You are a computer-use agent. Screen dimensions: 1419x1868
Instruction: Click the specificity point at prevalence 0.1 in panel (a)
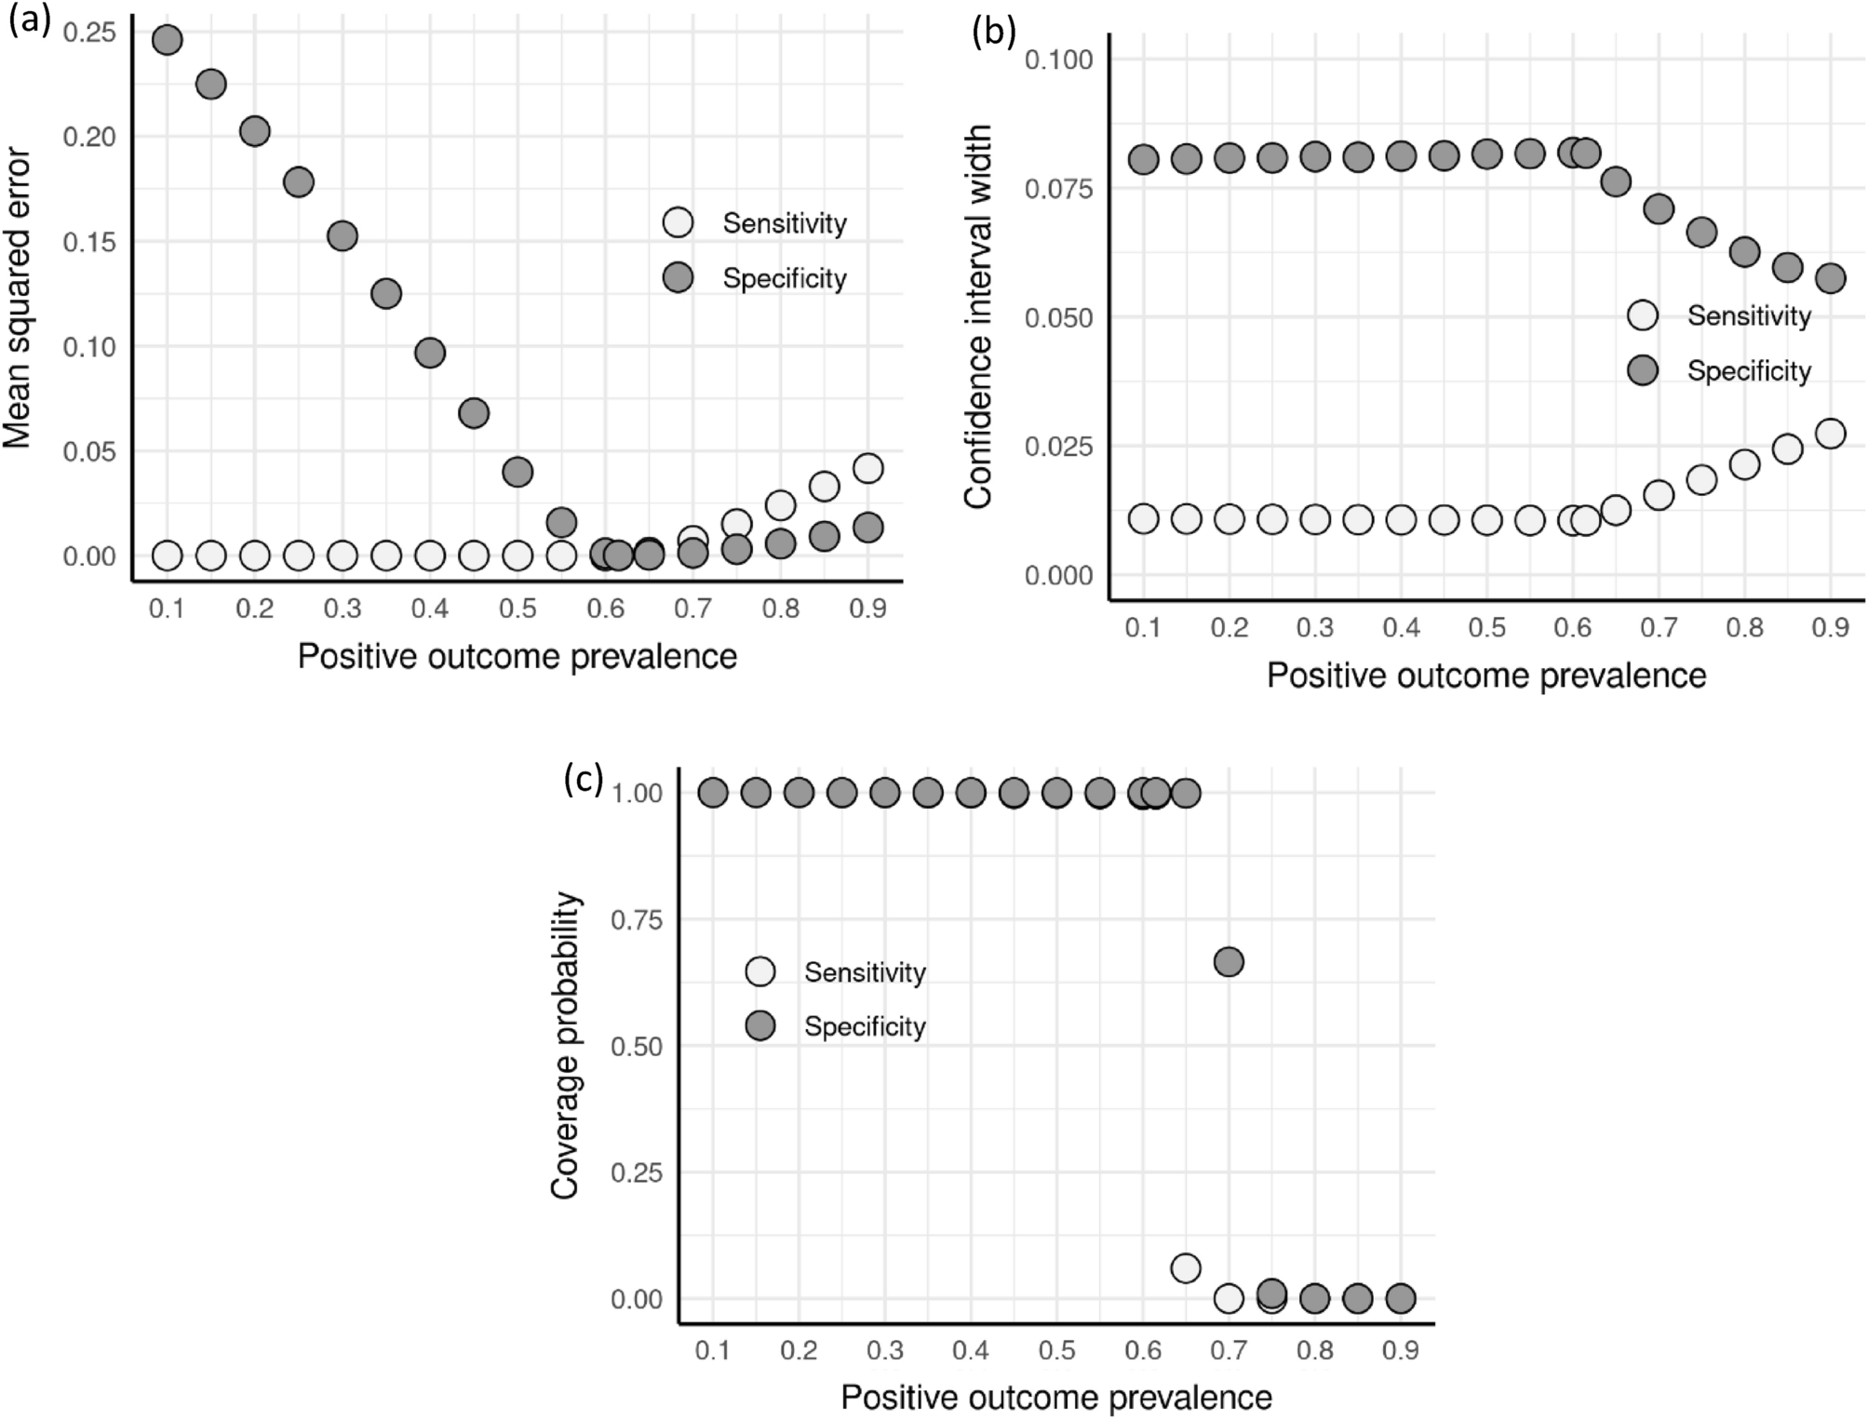167,40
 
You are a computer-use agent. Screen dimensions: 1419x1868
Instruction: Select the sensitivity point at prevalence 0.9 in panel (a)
867,468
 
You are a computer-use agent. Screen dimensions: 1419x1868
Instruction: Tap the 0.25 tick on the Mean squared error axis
89,33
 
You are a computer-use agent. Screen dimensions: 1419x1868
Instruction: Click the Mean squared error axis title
18,299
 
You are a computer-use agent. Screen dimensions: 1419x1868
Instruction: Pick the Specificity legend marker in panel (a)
678,277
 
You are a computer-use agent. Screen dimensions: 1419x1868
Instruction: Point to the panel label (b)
993,33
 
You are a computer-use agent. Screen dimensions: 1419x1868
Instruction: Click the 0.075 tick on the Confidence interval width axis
1058,189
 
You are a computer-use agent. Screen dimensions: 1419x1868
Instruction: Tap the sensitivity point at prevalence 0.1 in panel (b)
1143,519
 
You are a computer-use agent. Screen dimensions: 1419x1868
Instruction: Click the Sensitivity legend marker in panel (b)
1643,315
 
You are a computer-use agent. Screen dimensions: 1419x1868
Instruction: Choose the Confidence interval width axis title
977,317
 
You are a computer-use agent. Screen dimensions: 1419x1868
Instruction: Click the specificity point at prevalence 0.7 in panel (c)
1229,961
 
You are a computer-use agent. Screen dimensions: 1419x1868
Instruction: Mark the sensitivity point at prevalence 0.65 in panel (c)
1185,1267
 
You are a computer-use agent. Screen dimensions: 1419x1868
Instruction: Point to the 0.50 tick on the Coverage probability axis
637,1047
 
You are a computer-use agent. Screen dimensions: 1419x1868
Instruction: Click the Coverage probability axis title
566,1047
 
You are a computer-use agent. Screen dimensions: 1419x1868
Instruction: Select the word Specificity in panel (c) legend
865,1026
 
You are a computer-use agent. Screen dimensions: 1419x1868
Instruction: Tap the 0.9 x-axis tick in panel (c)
1400,1349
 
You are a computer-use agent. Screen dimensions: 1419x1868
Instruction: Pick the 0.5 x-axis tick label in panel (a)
517,609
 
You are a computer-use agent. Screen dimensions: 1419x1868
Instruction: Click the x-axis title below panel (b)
1486,676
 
